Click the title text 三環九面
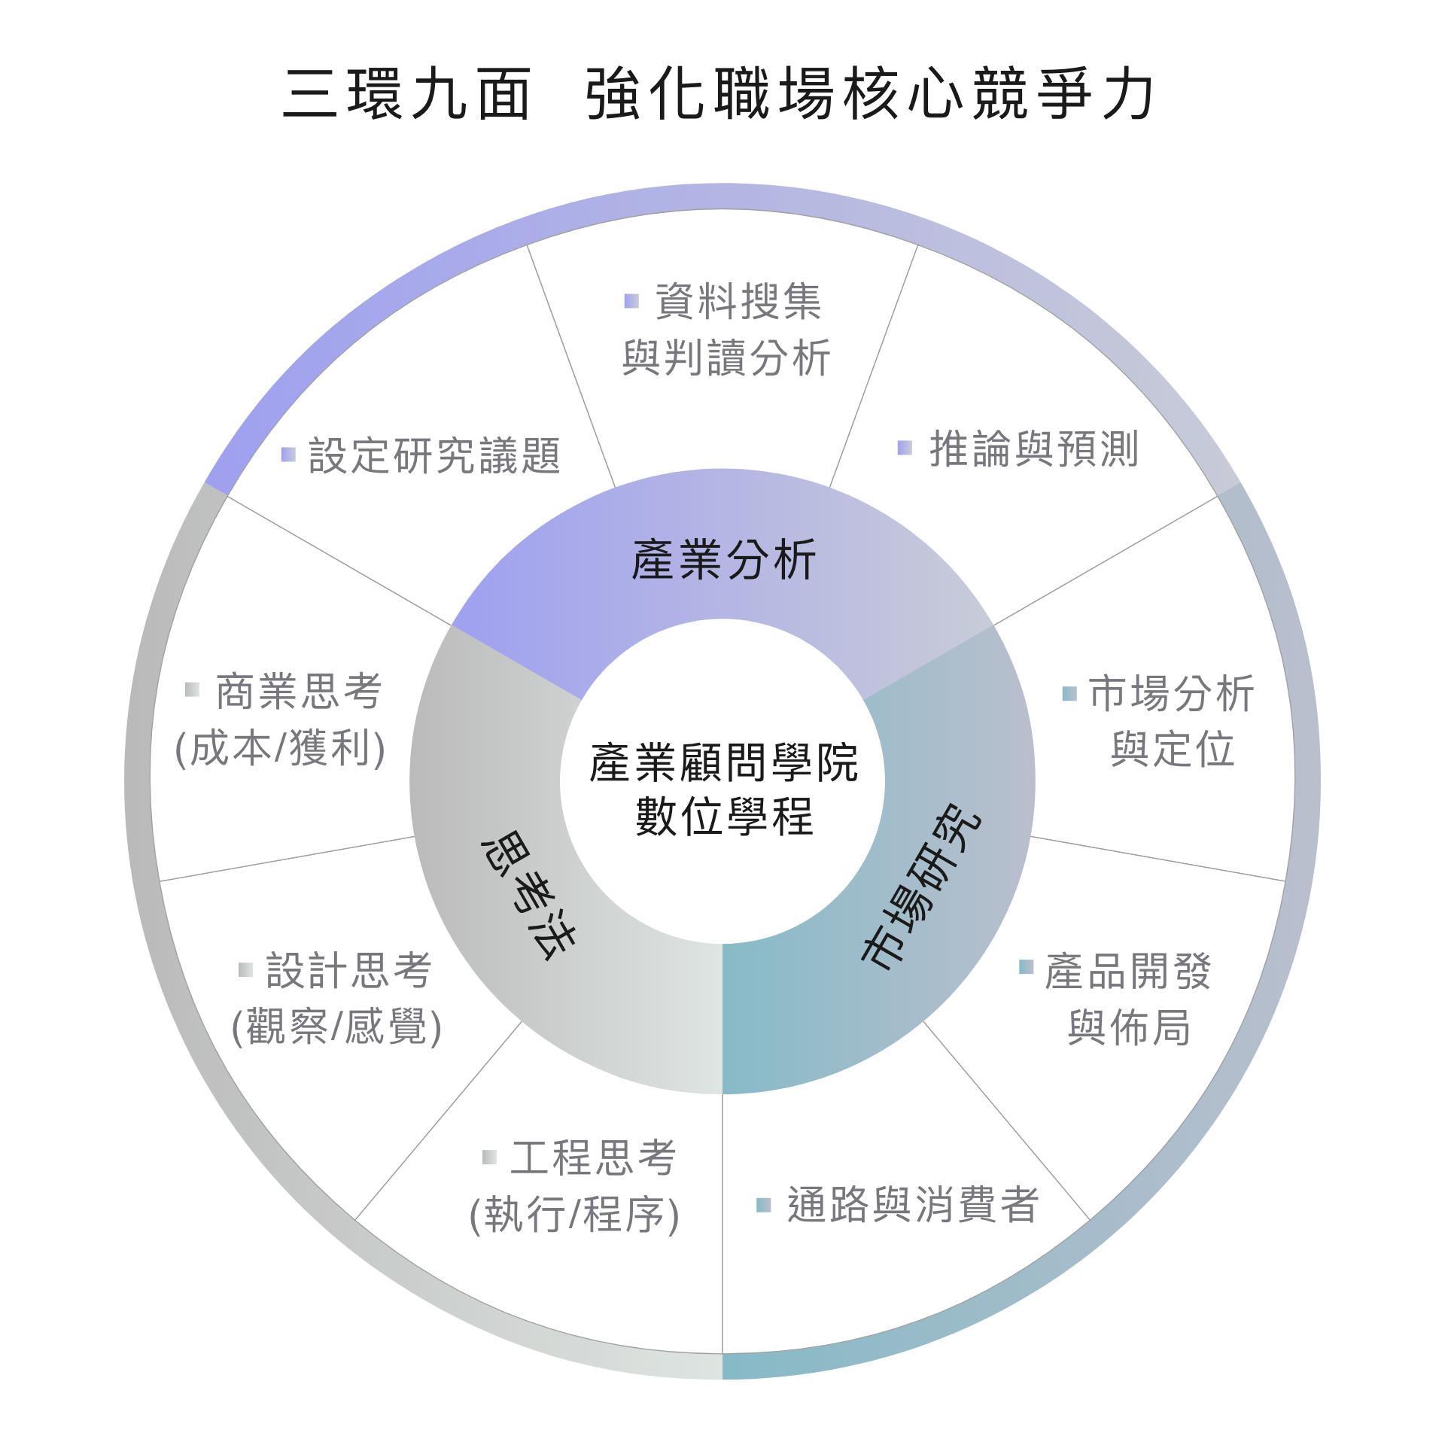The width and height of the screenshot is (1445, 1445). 407,94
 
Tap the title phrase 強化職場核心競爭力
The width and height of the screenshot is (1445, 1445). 869,94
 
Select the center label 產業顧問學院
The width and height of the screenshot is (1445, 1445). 722,762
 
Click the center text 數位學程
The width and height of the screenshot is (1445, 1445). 724,817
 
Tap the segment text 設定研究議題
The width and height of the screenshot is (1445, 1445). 434,456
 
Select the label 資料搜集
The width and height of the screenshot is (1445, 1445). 738,301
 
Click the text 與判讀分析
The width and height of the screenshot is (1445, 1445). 726,357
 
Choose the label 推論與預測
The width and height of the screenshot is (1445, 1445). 1033,449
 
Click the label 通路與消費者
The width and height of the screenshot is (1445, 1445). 913,1205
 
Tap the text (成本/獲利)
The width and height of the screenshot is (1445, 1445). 280,749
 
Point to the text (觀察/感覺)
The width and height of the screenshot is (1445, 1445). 336,1027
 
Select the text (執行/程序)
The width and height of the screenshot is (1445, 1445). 574,1215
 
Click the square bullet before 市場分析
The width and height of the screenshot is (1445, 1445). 1069,693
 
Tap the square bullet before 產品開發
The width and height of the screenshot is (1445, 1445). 1026,966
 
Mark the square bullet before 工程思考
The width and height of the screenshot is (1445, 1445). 489,1157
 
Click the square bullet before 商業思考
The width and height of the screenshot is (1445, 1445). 192,689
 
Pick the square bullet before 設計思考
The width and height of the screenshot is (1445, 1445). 245,969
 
